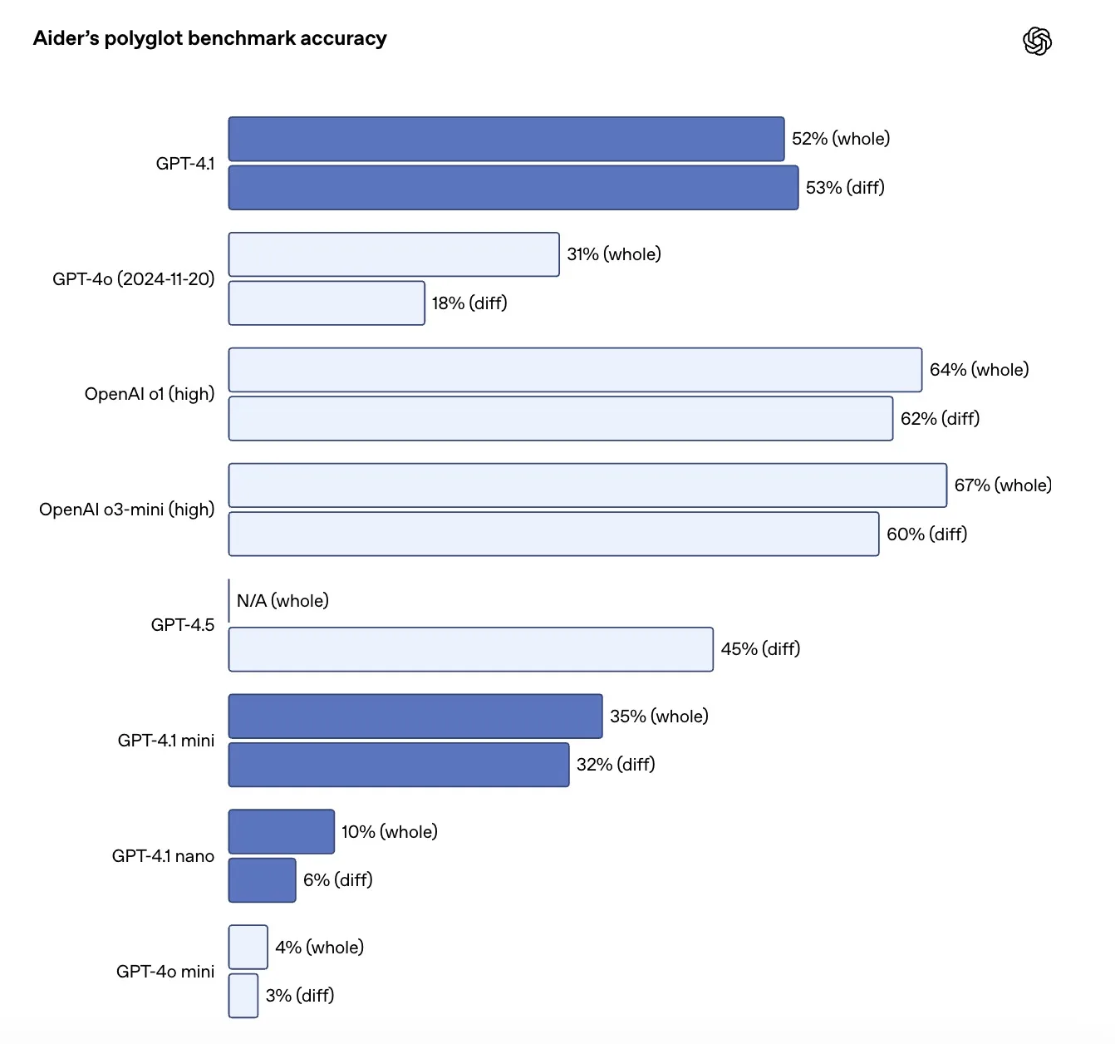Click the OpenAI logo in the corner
(x=1037, y=41)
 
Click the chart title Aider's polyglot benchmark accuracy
(x=209, y=38)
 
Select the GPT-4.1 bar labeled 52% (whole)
(x=506, y=139)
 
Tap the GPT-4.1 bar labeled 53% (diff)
(x=513, y=188)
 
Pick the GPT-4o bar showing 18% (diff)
(x=327, y=303)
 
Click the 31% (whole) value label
(x=613, y=254)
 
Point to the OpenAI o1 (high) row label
(x=150, y=394)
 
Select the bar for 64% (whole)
(x=575, y=370)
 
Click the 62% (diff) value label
(x=940, y=419)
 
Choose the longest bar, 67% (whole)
(x=587, y=485)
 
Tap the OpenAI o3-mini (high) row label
(x=126, y=510)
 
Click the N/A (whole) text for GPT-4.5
(x=282, y=601)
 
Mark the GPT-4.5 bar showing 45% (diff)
(x=470, y=649)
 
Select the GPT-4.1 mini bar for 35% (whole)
(x=415, y=717)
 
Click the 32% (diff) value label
(x=616, y=765)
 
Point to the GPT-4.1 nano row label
(x=163, y=856)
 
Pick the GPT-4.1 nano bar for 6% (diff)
(x=262, y=880)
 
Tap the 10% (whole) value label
(x=389, y=832)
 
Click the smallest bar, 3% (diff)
(x=243, y=996)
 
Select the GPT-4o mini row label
(x=165, y=972)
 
